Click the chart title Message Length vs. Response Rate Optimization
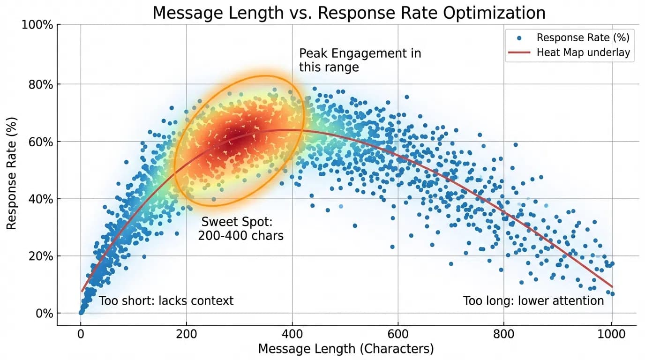coord(349,13)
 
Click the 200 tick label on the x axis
coord(187,335)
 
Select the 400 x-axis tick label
coord(292,335)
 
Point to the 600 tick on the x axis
coord(398,335)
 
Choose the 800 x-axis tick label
coord(503,335)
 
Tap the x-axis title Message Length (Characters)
coord(346,349)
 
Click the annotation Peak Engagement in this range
coord(360,60)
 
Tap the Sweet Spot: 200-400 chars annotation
coord(240,229)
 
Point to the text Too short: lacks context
coord(166,300)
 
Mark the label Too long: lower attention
coord(533,300)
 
